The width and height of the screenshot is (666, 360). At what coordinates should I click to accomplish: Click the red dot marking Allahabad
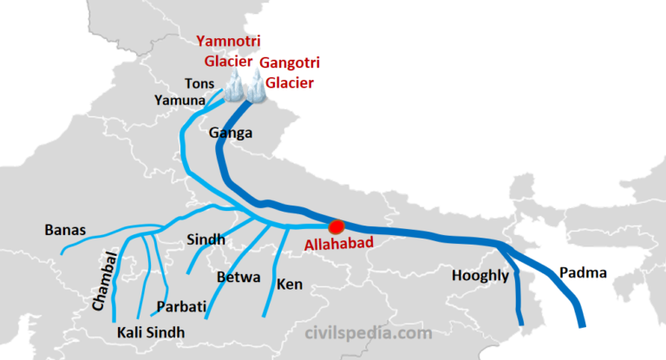coord(336,226)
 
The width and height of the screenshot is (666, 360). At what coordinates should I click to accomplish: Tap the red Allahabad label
coord(339,244)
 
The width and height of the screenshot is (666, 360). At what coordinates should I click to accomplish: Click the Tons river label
coord(199,82)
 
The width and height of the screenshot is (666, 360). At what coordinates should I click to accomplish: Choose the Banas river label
coord(65,230)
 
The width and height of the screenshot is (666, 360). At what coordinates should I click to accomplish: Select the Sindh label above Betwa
coord(206,239)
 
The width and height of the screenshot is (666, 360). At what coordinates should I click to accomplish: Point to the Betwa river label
coord(236,278)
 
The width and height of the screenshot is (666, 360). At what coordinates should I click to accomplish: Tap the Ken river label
coord(289,284)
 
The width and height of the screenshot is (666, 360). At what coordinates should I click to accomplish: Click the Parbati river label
coord(180,307)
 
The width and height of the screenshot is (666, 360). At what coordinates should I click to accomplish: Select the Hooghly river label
coord(480,276)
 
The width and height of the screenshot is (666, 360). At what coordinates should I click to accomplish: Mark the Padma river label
coord(583,273)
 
